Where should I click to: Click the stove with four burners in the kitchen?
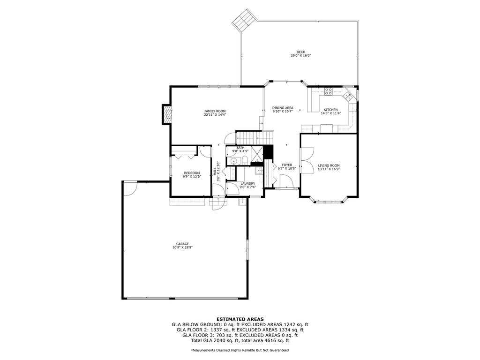pyautogui.click(x=329, y=91)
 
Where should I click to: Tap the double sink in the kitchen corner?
pyautogui.click(x=347, y=96)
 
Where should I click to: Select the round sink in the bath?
pyautogui.click(x=233, y=161)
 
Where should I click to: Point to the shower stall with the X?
pyautogui.click(x=257, y=154)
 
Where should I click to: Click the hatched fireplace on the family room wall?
pyautogui.click(x=166, y=114)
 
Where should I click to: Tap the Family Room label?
pyautogui.click(x=215, y=111)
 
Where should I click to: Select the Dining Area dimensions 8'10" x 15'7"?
pyautogui.click(x=283, y=112)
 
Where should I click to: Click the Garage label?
pyautogui.click(x=182, y=244)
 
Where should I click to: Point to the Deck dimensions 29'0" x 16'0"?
pyautogui.click(x=300, y=56)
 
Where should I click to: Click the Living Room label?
pyautogui.click(x=329, y=165)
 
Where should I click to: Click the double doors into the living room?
pyautogui.click(x=307, y=161)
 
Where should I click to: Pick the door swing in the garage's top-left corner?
pyautogui.click(x=130, y=188)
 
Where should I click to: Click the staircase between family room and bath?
pyautogui.click(x=254, y=137)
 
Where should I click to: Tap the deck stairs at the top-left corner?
pyautogui.click(x=243, y=20)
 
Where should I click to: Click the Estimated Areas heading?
pyautogui.click(x=240, y=319)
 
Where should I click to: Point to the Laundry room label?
pyautogui.click(x=247, y=184)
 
